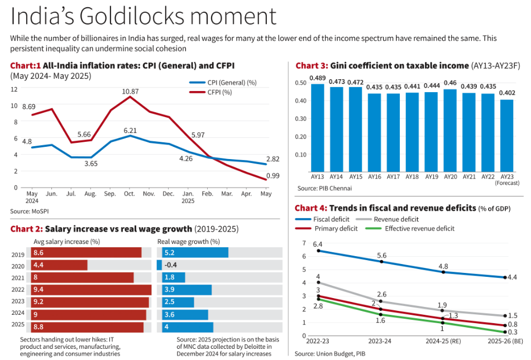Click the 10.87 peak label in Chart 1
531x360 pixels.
point(130,91)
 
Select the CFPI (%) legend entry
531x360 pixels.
point(219,92)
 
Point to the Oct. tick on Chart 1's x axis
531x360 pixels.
point(130,193)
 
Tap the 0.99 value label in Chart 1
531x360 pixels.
point(273,176)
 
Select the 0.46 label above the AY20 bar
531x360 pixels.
point(450,83)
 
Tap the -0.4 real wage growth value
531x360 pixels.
point(170,265)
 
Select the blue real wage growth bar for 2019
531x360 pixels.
point(193,253)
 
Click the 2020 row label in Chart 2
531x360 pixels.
point(18,265)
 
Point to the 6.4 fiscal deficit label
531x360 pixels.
point(318,244)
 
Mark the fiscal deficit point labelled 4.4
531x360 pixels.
point(505,277)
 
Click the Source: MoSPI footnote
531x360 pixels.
point(28,212)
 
